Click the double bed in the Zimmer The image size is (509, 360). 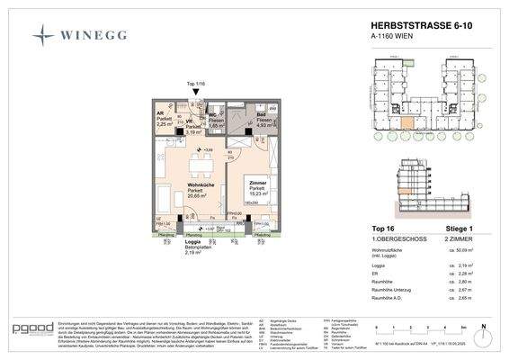261,211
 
